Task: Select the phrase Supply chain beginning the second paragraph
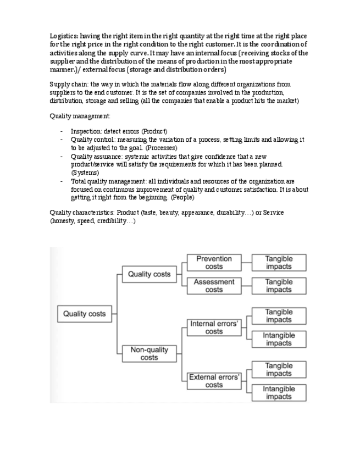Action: [x=69, y=85]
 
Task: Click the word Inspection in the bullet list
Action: [x=86, y=132]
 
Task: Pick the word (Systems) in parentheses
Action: [x=85, y=173]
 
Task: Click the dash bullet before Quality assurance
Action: [x=62, y=157]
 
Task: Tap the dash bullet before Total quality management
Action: [x=62, y=181]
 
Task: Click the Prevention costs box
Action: [x=214, y=263]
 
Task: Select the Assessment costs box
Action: [x=214, y=286]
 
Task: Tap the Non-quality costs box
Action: [x=149, y=353]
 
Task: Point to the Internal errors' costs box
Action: [x=214, y=328]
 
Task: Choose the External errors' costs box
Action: [x=214, y=381]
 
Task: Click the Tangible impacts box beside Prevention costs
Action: [x=279, y=263]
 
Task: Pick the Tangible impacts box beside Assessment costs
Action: [x=279, y=286]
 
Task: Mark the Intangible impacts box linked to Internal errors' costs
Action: [x=279, y=339]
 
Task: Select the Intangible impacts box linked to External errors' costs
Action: [x=279, y=392]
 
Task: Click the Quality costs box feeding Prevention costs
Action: [x=149, y=274]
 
